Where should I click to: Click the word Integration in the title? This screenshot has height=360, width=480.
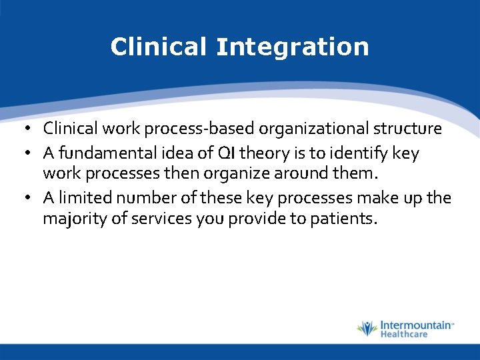[292, 47]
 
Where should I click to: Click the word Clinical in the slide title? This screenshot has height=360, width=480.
[159, 47]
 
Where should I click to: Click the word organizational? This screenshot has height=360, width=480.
[303, 129]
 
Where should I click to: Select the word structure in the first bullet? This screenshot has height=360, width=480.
[407, 129]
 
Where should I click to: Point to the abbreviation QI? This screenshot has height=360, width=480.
[225, 153]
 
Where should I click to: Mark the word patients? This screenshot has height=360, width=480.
[343, 219]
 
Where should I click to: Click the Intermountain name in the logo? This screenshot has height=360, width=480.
[415, 325]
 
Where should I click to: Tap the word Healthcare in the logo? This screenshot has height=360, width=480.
[403, 334]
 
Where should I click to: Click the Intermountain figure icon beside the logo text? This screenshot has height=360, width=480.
[366, 329]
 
